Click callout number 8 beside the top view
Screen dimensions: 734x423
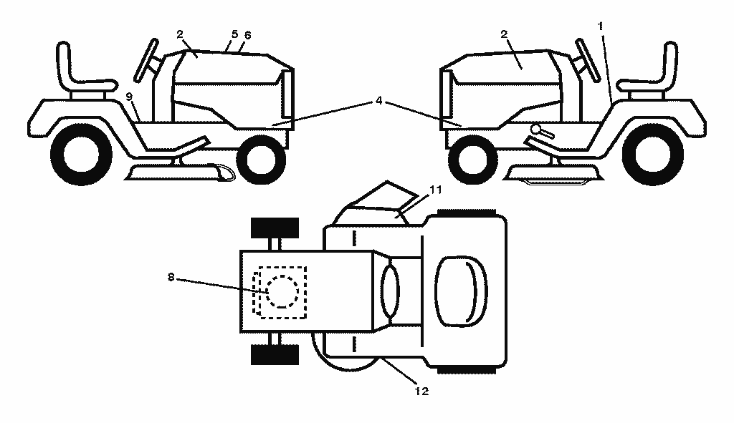[x=171, y=278]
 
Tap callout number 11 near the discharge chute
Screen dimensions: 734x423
[x=435, y=190]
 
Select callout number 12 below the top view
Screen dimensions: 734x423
[x=421, y=392]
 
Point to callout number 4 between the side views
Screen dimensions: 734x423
[x=379, y=100]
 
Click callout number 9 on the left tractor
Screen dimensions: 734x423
[x=129, y=97]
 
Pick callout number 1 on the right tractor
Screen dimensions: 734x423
[x=601, y=26]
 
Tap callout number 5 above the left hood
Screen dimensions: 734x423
[x=234, y=34]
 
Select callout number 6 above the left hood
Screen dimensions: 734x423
[x=247, y=35]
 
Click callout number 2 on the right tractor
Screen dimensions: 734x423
[x=504, y=34]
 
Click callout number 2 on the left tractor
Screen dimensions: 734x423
[x=180, y=34]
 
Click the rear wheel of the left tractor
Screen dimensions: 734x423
[x=80, y=155]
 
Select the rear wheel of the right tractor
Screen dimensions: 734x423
[x=653, y=155]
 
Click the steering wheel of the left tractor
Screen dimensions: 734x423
[x=146, y=61]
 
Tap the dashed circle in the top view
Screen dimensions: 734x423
[x=282, y=291]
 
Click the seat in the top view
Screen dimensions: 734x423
[x=461, y=291]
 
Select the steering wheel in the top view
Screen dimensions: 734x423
[x=391, y=291]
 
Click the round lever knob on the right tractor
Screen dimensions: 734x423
[x=535, y=129]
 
